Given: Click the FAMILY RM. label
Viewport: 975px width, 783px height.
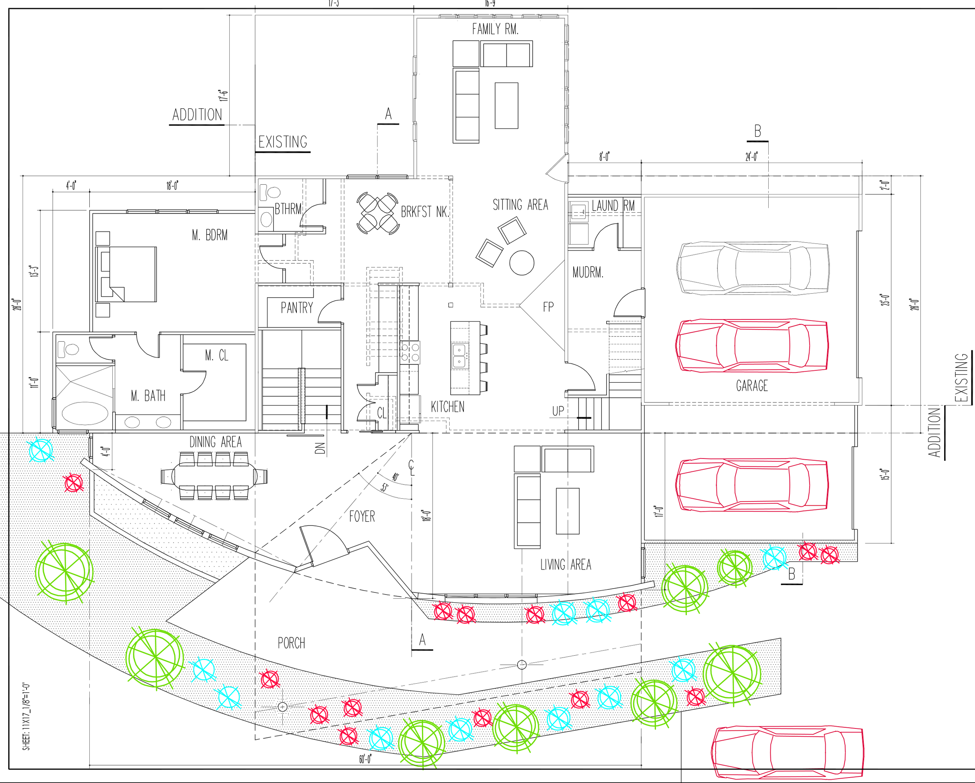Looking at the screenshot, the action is click(x=495, y=29).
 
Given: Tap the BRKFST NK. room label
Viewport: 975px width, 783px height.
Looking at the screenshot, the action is click(x=425, y=212).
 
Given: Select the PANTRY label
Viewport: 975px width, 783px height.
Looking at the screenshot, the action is click(x=297, y=308).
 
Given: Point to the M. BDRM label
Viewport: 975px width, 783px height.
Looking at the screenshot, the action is click(x=209, y=235).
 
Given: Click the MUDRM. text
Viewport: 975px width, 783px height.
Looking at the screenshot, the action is click(x=587, y=272).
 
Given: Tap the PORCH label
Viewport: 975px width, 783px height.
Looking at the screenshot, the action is click(x=291, y=643).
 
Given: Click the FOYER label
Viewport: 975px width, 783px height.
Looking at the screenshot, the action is click(x=362, y=516).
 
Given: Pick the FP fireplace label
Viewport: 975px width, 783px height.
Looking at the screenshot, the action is click(x=548, y=307).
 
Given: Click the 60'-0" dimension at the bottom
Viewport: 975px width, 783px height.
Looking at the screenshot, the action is click(x=365, y=759).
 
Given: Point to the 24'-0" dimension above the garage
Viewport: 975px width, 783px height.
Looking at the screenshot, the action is click(x=752, y=157).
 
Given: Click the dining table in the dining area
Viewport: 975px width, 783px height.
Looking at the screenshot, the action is click(x=214, y=476).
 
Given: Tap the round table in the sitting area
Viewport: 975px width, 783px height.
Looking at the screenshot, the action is click(x=521, y=263).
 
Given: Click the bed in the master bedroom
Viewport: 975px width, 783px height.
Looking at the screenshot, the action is click(x=126, y=274).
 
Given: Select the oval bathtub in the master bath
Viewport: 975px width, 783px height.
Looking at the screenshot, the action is click(x=85, y=413).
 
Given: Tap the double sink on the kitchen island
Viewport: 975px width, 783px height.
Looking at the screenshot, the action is click(x=459, y=356).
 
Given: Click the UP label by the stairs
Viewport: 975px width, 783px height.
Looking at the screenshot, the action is click(x=558, y=411).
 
